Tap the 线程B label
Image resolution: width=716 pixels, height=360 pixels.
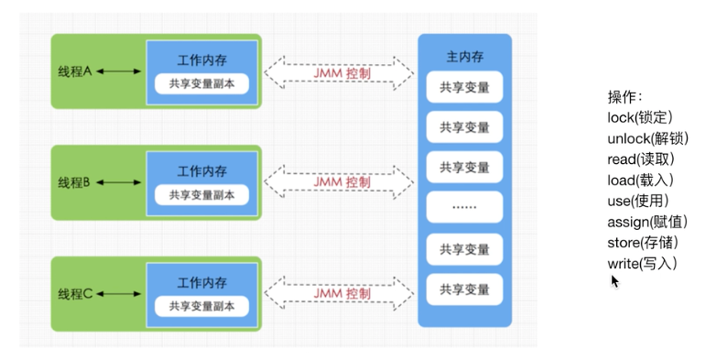tap(76, 182)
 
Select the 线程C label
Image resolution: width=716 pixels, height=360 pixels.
tap(76, 293)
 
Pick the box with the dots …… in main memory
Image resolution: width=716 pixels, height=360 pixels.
tap(464, 207)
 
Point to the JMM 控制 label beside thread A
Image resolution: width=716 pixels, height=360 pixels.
tap(341, 71)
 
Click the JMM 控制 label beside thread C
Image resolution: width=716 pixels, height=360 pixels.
tap(341, 293)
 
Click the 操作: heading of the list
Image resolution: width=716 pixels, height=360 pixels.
tap(625, 96)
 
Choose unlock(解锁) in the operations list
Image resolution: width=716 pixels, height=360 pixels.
tap(647, 138)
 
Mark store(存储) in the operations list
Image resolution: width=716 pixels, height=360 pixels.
tap(642, 243)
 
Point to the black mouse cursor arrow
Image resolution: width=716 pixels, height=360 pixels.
tap(615, 280)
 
